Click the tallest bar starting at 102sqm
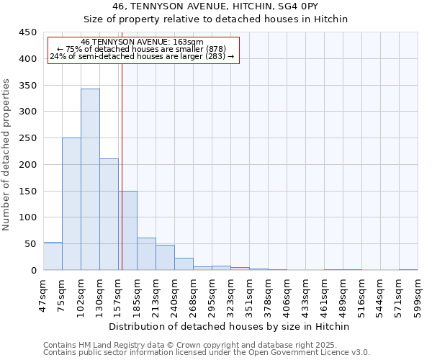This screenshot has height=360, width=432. coord(90,179)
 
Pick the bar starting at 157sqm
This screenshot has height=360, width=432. coord(128,230)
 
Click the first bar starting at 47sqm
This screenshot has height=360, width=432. coord(53,256)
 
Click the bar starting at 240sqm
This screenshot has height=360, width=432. coord(184,264)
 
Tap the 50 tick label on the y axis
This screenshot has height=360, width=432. coord(31,244)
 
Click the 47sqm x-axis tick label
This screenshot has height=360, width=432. coord(43,294)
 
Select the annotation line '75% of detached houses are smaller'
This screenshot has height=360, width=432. coord(142,49)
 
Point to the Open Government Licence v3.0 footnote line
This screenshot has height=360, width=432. coord(206,352)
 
